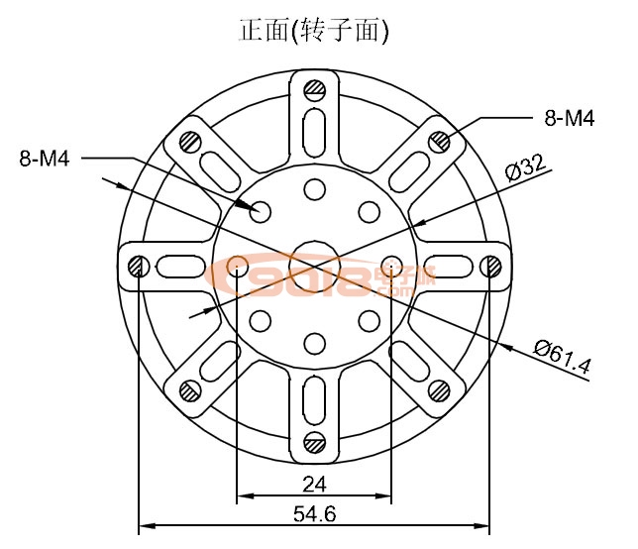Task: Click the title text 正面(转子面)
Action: [x=314, y=31]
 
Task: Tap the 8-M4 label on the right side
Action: [x=570, y=119]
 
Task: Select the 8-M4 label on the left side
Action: [x=44, y=158]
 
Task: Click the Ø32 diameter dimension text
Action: [x=525, y=167]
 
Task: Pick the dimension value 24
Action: [x=314, y=485]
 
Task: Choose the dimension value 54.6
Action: [x=314, y=514]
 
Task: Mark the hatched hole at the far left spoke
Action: [x=139, y=266]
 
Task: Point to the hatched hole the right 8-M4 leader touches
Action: [x=439, y=142]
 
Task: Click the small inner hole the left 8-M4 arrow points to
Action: [x=262, y=211]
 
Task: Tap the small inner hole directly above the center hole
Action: [x=315, y=189]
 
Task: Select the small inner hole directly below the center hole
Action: [x=315, y=343]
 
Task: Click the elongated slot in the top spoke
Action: [x=315, y=129]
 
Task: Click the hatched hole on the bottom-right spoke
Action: [x=439, y=390]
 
